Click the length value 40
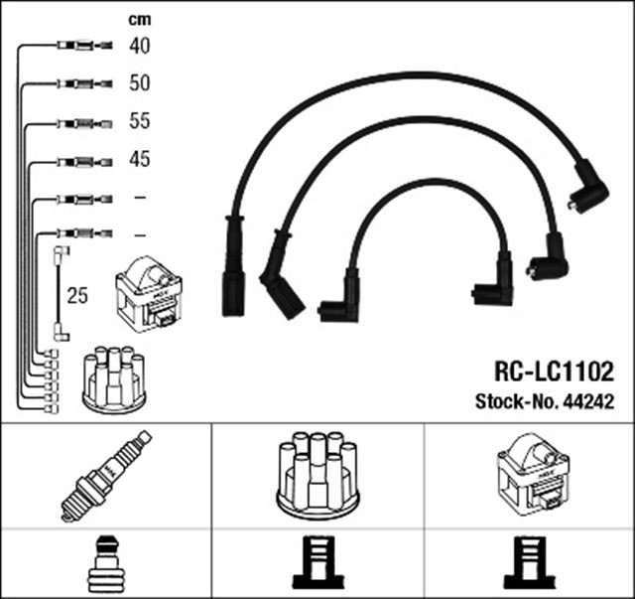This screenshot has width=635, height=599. tap(139, 46)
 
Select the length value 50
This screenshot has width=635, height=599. tap(139, 83)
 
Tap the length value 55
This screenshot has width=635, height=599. tap(139, 121)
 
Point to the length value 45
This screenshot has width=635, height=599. tap(139, 159)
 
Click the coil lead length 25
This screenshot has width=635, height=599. tap(76, 296)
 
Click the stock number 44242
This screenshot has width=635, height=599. tap(588, 401)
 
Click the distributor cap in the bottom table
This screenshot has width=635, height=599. tap(317, 474)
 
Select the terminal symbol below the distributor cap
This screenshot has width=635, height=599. tap(317, 563)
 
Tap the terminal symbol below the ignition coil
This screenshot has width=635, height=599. tap(529, 563)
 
